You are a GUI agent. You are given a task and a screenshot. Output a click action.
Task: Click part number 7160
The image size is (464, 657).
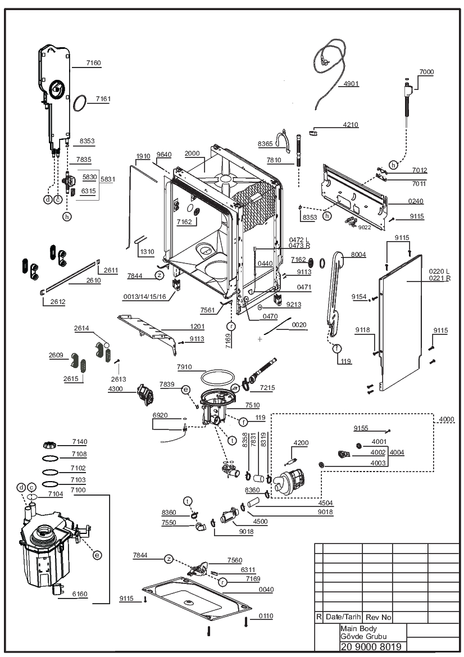[93, 63]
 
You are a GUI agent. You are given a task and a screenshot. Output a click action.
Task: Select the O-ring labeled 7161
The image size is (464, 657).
[80, 103]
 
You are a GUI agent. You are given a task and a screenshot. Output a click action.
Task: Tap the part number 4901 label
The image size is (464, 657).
[351, 83]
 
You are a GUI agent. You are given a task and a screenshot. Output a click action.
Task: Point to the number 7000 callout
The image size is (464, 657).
[427, 71]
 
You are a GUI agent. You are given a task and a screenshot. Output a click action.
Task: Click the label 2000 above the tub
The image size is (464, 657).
[192, 153]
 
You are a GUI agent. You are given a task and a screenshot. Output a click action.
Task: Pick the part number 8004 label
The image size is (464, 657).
[358, 255]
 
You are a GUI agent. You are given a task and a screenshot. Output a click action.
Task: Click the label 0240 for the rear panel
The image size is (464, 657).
[416, 201]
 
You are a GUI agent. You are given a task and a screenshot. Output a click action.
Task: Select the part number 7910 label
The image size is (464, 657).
[185, 367]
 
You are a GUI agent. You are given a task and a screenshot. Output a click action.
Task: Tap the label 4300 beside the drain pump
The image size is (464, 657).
[116, 389]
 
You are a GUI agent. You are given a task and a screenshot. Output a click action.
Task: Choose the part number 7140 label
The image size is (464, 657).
[80, 442]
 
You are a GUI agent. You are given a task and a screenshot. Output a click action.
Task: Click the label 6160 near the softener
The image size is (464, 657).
[80, 593]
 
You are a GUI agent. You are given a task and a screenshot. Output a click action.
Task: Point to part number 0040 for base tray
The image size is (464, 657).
[266, 590]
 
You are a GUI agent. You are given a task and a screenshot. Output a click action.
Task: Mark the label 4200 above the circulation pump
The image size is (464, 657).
[301, 443]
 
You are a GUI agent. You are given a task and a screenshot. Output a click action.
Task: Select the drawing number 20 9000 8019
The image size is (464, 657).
[371, 647]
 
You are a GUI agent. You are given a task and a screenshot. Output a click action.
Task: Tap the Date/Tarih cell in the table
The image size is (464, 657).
[343, 617]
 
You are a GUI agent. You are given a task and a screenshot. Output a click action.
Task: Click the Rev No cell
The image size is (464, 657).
[378, 617]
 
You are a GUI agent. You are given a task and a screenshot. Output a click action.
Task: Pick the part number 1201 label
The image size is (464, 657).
[197, 327]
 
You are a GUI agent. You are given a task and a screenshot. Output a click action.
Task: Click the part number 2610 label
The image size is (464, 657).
[93, 280]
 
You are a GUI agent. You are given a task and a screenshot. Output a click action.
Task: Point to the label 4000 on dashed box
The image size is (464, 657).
[447, 419]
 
